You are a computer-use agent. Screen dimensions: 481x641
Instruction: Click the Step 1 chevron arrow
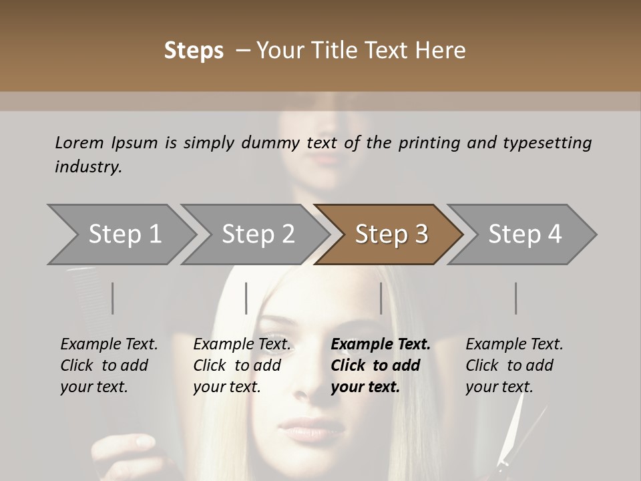click(124, 234)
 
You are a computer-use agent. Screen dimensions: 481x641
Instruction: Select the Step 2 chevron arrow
click(258, 234)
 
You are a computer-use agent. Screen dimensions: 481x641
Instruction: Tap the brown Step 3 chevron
click(391, 234)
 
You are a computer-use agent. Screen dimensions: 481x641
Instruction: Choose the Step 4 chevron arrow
click(525, 234)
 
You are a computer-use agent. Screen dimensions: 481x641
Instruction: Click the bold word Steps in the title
click(194, 51)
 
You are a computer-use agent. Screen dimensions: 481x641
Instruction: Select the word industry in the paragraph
click(88, 167)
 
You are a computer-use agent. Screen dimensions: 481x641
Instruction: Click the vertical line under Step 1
click(113, 298)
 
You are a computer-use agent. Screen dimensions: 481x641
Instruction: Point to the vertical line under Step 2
click(246, 298)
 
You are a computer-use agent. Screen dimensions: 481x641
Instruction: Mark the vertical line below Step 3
click(381, 298)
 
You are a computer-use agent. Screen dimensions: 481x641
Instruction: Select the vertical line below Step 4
click(515, 298)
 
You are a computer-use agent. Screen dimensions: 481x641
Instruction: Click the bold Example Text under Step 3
click(381, 345)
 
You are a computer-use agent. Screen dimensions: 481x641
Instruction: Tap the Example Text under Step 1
click(109, 345)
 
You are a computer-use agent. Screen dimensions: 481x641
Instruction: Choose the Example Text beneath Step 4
click(514, 345)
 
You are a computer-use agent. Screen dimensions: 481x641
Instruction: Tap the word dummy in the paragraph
click(256, 142)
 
